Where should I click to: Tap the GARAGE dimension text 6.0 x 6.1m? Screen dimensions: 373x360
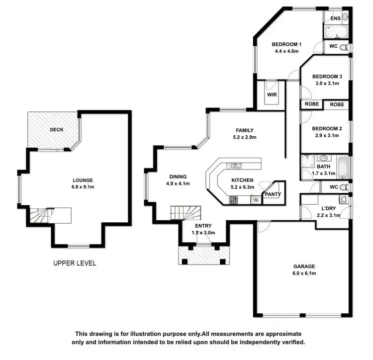click(x=304, y=273)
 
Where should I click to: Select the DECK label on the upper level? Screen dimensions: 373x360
click(x=56, y=130)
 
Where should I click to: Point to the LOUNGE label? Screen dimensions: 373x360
click(x=83, y=180)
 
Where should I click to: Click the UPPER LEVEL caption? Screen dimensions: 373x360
click(x=75, y=263)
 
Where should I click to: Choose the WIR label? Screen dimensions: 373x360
click(x=272, y=94)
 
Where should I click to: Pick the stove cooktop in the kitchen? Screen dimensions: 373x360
click(x=233, y=200)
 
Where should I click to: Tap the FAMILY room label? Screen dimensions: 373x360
click(x=245, y=130)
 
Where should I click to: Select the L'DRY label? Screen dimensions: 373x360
click(x=328, y=208)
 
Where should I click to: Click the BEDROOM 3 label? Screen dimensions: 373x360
click(x=327, y=77)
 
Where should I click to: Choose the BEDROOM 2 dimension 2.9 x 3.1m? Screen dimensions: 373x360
click(x=327, y=135)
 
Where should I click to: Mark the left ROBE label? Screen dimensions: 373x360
click(x=312, y=105)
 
